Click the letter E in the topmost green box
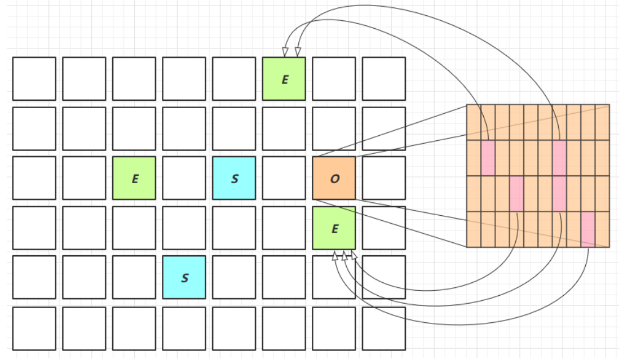(285, 79)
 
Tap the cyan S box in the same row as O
(234, 178)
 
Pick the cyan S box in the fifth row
(184, 277)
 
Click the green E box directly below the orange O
(334, 228)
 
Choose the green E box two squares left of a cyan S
(134, 178)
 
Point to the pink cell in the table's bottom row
(588, 229)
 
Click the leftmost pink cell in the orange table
(488, 158)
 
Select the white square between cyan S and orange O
(284, 178)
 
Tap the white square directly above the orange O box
(334, 128)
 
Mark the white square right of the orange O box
(384, 178)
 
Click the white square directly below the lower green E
(334, 277)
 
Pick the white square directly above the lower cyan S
(184, 228)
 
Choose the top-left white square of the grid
(34, 79)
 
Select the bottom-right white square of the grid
(384, 328)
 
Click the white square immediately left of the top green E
(234, 79)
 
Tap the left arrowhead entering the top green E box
(285, 52)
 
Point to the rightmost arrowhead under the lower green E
(354, 255)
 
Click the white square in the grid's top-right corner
(384, 79)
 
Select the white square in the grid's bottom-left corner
(34, 328)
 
